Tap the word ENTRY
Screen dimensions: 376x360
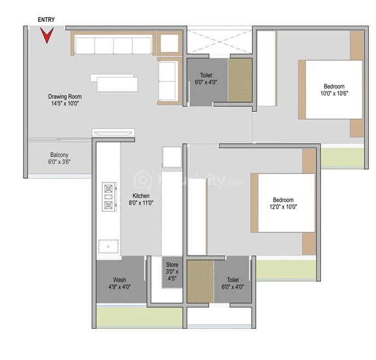tap(46, 20)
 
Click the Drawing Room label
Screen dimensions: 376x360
tap(65, 100)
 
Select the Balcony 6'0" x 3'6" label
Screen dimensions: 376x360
tap(59, 158)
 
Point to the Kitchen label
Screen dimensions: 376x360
tap(141, 199)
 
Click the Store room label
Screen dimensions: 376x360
tap(172, 272)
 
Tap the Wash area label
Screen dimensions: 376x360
tap(120, 284)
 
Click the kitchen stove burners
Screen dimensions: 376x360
tap(109, 197)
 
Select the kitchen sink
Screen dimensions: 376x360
tap(108, 246)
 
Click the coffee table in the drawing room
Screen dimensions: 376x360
tap(114, 82)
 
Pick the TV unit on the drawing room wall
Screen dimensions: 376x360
tap(113, 133)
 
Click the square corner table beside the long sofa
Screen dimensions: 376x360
tap(169, 43)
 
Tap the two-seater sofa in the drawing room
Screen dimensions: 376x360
tap(169, 81)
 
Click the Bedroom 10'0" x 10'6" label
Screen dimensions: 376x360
tap(334, 90)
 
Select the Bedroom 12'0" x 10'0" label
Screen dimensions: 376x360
tap(283, 203)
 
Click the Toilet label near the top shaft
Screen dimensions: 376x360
tap(206, 79)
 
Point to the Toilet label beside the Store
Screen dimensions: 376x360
tap(233, 284)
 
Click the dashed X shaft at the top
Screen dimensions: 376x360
tap(219, 42)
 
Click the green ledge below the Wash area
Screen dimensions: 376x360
tap(139, 317)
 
